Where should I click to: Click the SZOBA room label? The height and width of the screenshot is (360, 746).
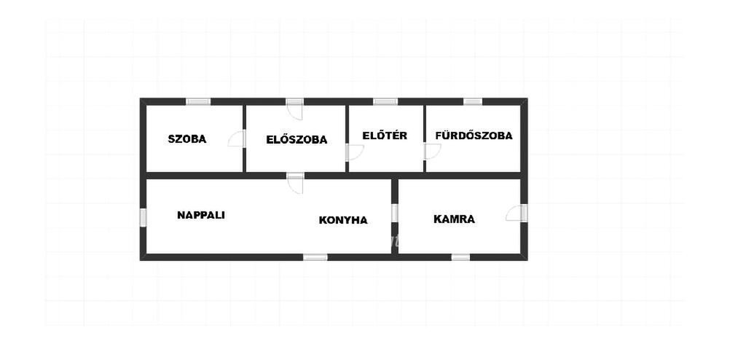tap(187, 139)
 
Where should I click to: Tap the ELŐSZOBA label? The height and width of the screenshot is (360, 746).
tap(297, 140)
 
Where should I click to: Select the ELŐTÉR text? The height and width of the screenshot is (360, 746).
tap(385, 136)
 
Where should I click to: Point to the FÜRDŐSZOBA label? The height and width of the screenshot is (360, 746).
tap(474, 136)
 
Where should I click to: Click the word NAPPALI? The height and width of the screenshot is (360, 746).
tap(201, 215)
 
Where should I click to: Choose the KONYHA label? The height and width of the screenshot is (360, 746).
tap(343, 220)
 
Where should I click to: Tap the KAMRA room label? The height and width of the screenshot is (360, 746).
tap(454, 219)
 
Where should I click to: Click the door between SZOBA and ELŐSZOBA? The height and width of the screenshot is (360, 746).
tap(237, 138)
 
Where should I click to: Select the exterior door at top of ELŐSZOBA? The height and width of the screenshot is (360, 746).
tap(294, 109)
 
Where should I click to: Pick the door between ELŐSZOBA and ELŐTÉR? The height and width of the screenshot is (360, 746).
tap(355, 152)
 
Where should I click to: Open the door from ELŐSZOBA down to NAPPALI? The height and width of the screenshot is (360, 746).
tap(295, 184)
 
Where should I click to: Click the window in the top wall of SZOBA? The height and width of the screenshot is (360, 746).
tap(198, 101)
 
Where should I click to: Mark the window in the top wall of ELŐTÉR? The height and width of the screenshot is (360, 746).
tap(385, 101)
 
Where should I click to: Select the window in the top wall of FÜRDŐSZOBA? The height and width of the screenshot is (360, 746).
tap(472, 101)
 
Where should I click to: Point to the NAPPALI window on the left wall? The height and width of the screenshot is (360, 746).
tap(143, 218)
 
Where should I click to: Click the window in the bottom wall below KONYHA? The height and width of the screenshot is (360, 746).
tap(315, 257)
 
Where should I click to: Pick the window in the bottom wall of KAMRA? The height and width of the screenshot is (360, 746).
tap(460, 257)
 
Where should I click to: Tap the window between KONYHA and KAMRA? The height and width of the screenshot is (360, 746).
tap(394, 213)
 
